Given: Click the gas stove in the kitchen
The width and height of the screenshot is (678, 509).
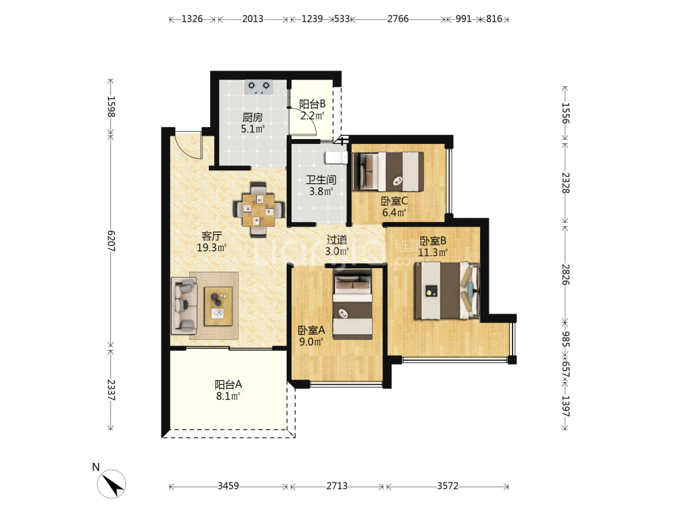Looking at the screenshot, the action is tap(258, 87).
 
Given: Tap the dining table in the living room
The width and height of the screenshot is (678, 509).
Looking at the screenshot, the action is tap(258, 210).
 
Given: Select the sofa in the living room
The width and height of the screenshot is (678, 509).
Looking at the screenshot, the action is tap(184, 305).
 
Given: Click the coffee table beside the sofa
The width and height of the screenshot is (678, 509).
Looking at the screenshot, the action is tap(218, 306).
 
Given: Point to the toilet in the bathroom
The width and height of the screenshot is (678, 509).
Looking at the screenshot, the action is tap(336, 157).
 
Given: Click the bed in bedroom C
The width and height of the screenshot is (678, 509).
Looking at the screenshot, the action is tap(388, 172).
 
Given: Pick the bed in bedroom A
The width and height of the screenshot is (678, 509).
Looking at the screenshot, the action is tap(353, 304).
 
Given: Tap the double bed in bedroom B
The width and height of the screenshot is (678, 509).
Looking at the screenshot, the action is tap(447, 291).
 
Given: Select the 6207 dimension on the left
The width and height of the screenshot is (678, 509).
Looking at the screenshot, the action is tap(111, 241).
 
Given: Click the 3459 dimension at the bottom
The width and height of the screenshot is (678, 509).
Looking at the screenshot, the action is tap(228, 486).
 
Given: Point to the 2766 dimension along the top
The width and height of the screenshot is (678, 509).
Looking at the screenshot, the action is tap(398, 18).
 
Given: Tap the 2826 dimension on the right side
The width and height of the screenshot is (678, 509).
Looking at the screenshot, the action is tap(565, 274).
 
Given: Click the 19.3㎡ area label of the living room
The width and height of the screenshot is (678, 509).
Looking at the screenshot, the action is tap(212, 248).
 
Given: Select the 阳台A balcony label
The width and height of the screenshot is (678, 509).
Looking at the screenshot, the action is tap(228, 384).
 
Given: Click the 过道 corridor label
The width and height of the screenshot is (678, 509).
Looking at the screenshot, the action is tap(337, 240).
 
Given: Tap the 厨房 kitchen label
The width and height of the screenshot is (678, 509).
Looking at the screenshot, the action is tap(252, 117).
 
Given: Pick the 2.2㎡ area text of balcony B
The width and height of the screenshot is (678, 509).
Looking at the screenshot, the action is tap(312, 115).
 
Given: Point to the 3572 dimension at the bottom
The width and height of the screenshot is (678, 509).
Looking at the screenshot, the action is tap(447, 486).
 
